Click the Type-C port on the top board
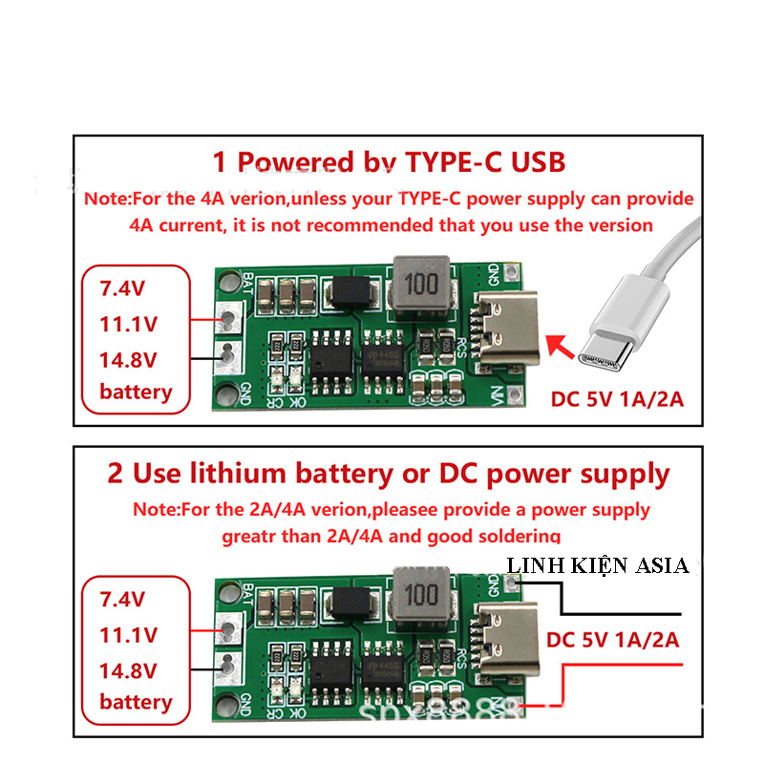pos(506,330)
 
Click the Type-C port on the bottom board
pos(506,640)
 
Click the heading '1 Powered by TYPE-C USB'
pos(389,161)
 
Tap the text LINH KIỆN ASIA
pos(598,565)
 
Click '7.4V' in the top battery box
pos(123,287)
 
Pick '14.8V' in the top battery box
pos(128,359)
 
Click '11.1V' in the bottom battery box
pos(128,634)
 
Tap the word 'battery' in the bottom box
pos(136,702)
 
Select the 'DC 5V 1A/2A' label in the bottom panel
pos(612,639)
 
